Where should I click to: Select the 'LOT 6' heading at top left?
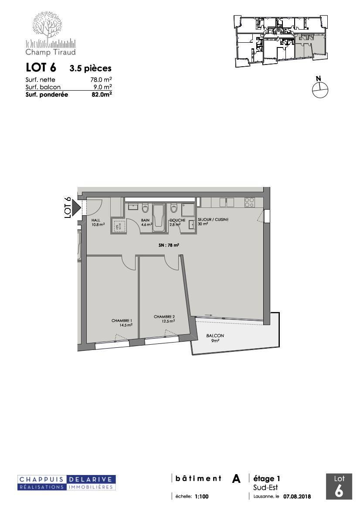coord(41,68)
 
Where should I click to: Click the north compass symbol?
coord(320,89)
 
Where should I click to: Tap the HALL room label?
coord(96,220)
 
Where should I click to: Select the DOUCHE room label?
coord(177,220)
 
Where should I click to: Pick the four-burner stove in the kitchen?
coord(249,202)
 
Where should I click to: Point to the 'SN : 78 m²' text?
coord(170,245)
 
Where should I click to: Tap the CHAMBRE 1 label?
coord(121,320)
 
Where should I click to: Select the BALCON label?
coord(215,336)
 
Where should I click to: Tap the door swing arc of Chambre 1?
coord(127,261)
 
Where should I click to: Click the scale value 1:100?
coord(202,496)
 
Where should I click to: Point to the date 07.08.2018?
coord(297,496)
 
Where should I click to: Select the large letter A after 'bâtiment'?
coord(236,479)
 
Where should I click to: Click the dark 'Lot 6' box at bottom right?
coord(339,486)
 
